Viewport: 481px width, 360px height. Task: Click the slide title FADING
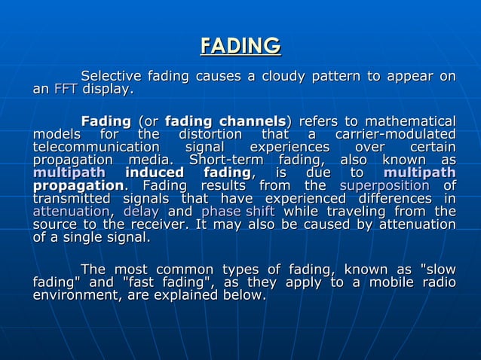(240, 46)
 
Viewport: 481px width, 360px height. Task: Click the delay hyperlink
(140, 212)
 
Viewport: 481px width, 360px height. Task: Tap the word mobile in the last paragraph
(392, 282)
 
